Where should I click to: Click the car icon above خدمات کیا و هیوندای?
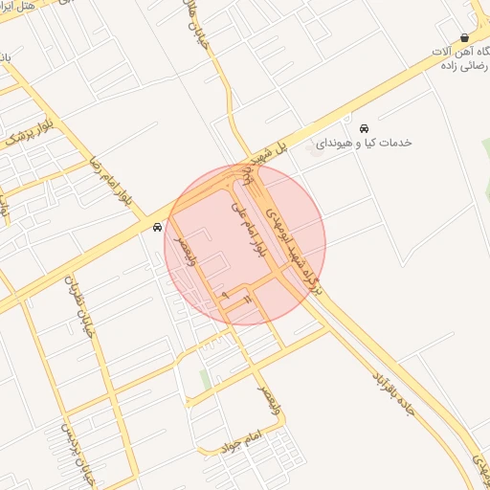pyautogui.click(x=364, y=128)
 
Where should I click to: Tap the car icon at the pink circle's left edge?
pyautogui.click(x=157, y=227)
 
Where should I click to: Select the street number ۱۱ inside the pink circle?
pyautogui.click(x=246, y=301)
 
